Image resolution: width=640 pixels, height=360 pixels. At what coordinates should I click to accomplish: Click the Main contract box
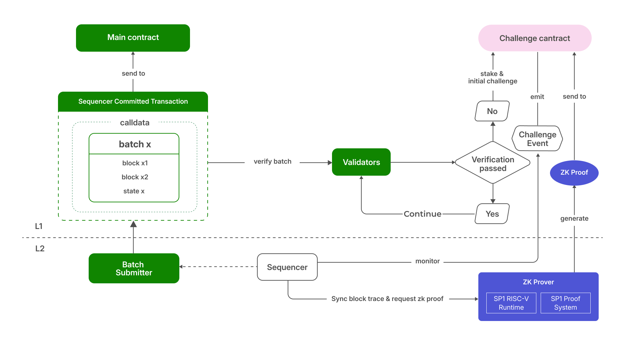click(x=133, y=38)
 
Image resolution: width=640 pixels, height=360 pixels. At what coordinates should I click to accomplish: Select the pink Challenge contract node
click(x=535, y=38)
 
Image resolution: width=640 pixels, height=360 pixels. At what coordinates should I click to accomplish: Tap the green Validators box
click(x=361, y=162)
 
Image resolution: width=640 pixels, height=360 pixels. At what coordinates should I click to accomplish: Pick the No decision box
click(x=492, y=111)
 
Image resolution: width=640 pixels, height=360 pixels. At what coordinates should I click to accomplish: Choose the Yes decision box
click(x=492, y=214)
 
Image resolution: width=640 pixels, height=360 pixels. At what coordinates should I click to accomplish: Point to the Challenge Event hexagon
click(x=537, y=139)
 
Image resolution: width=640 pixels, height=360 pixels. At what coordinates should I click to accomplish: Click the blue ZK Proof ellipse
click(x=574, y=173)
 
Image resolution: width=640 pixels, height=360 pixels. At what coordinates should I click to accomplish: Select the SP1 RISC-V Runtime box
click(x=511, y=303)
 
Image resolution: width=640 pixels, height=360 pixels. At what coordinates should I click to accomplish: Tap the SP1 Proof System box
click(x=565, y=303)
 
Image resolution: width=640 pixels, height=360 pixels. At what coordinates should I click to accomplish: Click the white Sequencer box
click(x=287, y=267)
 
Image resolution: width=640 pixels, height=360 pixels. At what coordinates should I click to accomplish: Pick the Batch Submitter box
click(x=134, y=269)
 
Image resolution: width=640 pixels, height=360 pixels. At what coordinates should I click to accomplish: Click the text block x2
click(x=135, y=177)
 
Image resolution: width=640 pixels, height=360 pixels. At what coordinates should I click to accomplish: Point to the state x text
click(x=134, y=191)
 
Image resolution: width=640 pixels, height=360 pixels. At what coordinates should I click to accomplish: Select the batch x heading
click(x=135, y=144)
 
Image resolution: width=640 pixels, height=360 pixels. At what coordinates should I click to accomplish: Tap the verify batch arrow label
click(x=272, y=162)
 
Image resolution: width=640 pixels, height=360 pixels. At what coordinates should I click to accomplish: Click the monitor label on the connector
click(x=427, y=261)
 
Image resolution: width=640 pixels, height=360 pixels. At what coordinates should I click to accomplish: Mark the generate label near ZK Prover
click(x=574, y=219)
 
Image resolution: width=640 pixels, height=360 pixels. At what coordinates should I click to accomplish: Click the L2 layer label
click(x=40, y=249)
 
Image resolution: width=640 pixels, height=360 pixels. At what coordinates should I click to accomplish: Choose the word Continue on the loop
click(x=422, y=214)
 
